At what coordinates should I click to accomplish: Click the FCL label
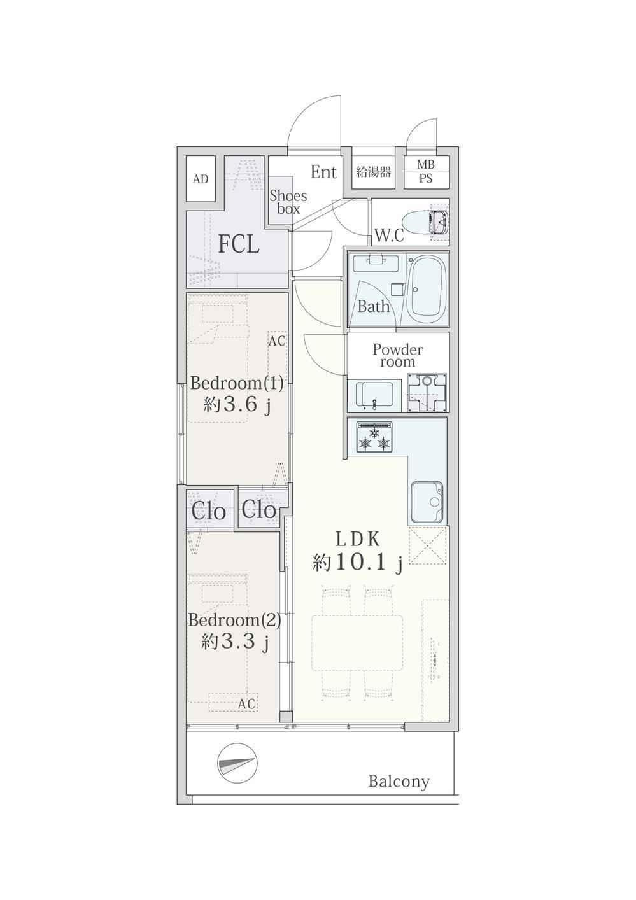[x=238, y=245]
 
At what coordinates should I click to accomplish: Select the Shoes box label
[x=288, y=202]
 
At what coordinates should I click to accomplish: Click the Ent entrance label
[x=323, y=172]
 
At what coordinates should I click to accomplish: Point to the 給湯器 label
[x=373, y=172]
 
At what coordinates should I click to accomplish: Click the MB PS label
[x=426, y=171]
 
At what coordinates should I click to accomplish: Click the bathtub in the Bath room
[x=427, y=290]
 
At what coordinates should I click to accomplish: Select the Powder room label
[x=397, y=355]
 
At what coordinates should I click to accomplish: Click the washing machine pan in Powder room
[x=428, y=393]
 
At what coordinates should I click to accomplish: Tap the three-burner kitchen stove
[x=374, y=437]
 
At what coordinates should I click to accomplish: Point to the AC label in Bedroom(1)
[x=277, y=341]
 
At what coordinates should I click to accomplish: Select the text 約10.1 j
[x=358, y=563]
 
